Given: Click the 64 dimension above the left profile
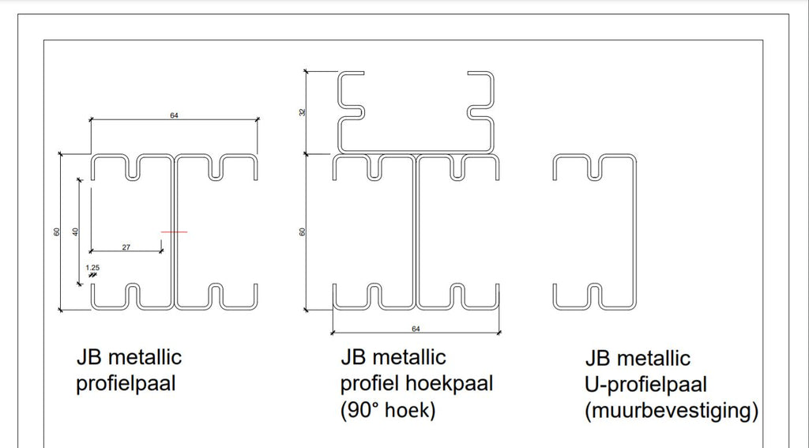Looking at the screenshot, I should tap(174, 115).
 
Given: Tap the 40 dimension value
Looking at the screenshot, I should tap(76, 232).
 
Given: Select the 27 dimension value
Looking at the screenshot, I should tap(126, 247).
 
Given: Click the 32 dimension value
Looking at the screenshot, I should tap(303, 112).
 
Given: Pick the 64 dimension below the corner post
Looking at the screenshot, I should tap(415, 327).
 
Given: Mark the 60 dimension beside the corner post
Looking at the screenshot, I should tap(303, 232).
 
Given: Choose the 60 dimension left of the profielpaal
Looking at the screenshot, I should tap(57, 232).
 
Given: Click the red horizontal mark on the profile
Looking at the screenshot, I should tap(174, 232).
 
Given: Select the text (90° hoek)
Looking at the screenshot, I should tap(388, 411).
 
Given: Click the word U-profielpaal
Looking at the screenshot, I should tap(646, 385).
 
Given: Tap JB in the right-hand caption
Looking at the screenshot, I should tap(597, 359).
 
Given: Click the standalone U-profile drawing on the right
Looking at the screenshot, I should tap(595, 232).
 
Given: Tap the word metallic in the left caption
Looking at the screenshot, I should tap(144, 357).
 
